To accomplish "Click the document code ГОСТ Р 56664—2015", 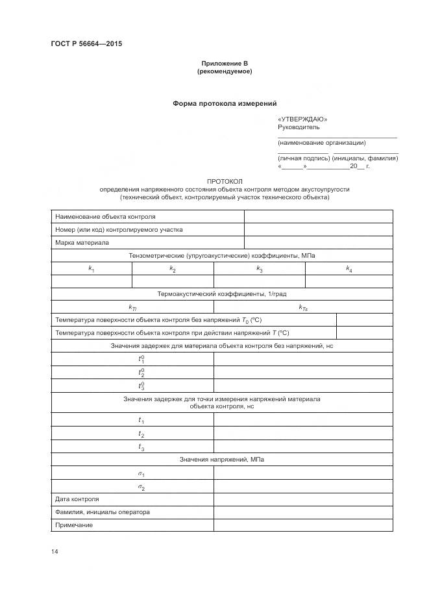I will [86, 44].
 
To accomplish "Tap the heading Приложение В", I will [225, 63].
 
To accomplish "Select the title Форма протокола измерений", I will [225, 103].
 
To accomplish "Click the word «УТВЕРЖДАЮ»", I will [302, 119].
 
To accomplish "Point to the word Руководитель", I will [299, 127].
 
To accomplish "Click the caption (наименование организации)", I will [321, 142].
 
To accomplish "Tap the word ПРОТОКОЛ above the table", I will [225, 181].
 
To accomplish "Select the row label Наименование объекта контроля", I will [105, 217].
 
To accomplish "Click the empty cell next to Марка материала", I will [318, 243].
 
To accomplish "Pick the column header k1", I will [92, 269].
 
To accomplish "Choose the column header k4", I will [349, 269].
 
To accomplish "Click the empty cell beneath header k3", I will [259, 281].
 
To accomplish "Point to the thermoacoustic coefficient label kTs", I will [303, 308].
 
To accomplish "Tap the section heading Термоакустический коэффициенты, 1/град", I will [221, 294].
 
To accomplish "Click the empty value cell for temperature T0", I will [364, 320].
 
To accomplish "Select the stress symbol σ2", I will [141, 487].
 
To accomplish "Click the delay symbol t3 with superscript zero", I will [141, 386].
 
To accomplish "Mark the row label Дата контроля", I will [77, 499].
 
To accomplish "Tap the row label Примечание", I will [74, 525].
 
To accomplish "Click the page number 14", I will [55, 552].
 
